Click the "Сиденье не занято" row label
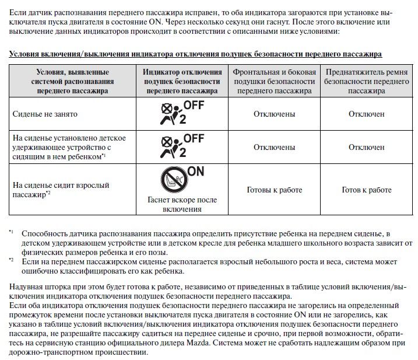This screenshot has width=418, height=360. point(45,114)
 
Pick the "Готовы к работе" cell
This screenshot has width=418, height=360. point(266,190)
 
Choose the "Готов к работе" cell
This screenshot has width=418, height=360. point(367,190)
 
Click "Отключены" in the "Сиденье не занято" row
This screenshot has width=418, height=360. point(266,114)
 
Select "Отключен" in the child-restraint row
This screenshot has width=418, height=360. point(367,147)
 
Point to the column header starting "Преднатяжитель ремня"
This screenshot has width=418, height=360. point(367,81)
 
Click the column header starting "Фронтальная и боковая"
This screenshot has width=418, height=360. point(266,81)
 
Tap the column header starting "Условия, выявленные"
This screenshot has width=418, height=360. point(73,81)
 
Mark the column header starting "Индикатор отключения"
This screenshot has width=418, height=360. point(182,81)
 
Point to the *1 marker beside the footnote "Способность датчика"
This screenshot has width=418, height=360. point(12,233)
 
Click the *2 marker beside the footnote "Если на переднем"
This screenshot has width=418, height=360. point(12,260)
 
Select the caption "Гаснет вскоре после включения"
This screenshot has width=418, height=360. point(182,204)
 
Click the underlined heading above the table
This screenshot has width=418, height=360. point(195,54)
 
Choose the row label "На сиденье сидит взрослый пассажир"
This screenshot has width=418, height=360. point(61,190)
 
